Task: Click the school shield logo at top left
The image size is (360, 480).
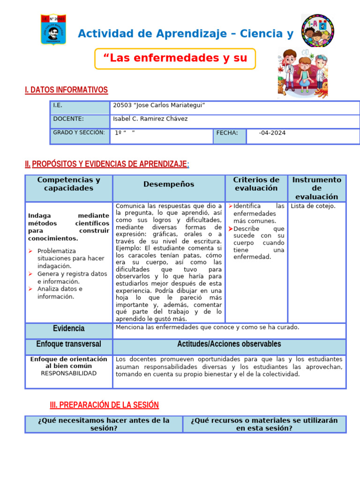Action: click(x=53, y=29)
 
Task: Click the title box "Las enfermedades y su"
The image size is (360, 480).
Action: click(x=175, y=59)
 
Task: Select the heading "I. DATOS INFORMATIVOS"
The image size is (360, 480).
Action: click(x=66, y=90)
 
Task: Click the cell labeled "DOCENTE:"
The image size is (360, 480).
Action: click(x=68, y=119)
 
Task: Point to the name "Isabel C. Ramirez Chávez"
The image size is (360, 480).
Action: click(x=150, y=119)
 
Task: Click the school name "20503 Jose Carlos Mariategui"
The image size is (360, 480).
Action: click(x=159, y=105)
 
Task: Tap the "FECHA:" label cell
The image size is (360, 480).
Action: click(x=227, y=133)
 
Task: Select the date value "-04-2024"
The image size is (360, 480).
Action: click(x=272, y=133)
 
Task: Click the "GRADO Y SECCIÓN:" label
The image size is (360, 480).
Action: click(x=79, y=133)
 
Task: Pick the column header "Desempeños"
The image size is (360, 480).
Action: click(x=169, y=185)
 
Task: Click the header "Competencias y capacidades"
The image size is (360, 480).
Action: click(x=68, y=184)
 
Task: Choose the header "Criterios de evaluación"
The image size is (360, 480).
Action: click(x=256, y=184)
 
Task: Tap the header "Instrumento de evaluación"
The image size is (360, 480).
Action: click(x=316, y=188)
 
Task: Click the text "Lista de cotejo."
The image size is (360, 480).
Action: click(x=313, y=206)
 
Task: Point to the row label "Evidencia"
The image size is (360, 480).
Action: click(x=68, y=329)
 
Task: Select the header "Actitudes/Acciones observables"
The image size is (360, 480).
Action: click(x=229, y=345)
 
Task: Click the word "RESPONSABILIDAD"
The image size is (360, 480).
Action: click(x=68, y=374)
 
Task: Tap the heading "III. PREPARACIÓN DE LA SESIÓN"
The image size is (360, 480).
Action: click(x=104, y=405)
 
